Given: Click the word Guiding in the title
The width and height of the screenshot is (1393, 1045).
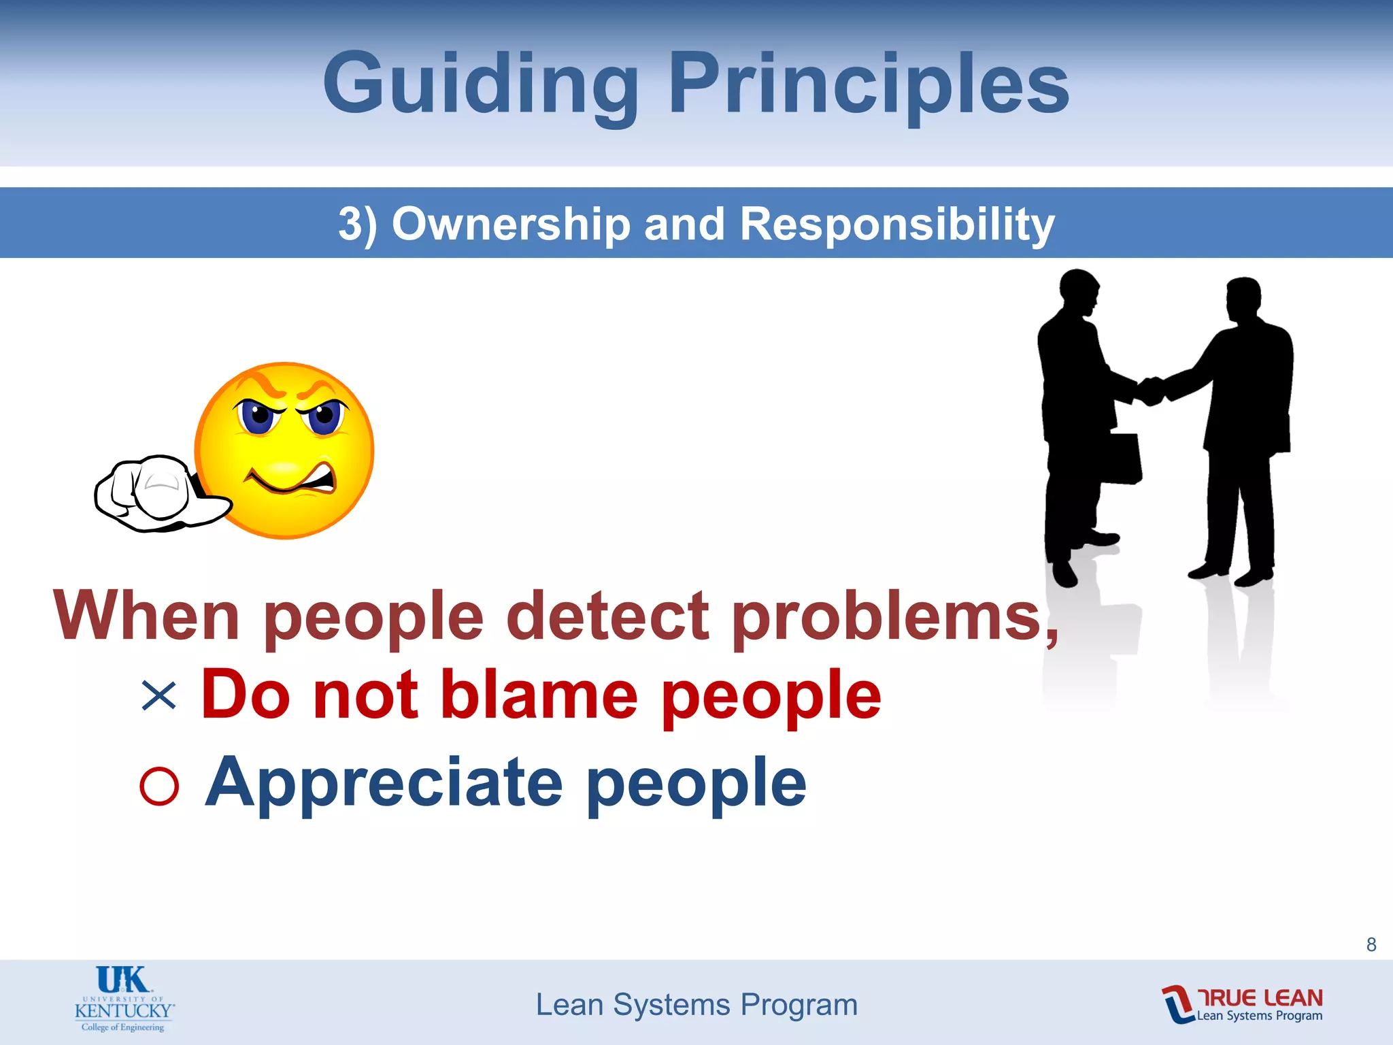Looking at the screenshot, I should (x=480, y=85).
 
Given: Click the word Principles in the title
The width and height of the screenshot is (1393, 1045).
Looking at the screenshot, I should (x=869, y=85).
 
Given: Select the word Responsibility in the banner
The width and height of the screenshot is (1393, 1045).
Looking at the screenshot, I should (x=896, y=224).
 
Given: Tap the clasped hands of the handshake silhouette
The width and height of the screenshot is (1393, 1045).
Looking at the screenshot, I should (x=1150, y=391).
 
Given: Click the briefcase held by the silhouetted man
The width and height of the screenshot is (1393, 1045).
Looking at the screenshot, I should (x=1120, y=459).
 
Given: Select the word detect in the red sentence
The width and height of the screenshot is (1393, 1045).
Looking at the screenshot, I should (x=607, y=616).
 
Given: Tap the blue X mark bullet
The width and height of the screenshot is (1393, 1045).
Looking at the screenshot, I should (x=158, y=696).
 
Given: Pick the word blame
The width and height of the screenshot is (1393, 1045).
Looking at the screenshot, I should (x=539, y=695).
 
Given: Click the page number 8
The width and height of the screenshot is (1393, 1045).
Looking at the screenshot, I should (x=1371, y=944).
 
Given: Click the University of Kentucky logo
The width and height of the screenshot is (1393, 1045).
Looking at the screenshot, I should (x=124, y=999).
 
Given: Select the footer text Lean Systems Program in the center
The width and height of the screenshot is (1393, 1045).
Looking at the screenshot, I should (x=696, y=1005).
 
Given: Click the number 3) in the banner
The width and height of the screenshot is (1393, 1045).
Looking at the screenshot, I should (x=357, y=224).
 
